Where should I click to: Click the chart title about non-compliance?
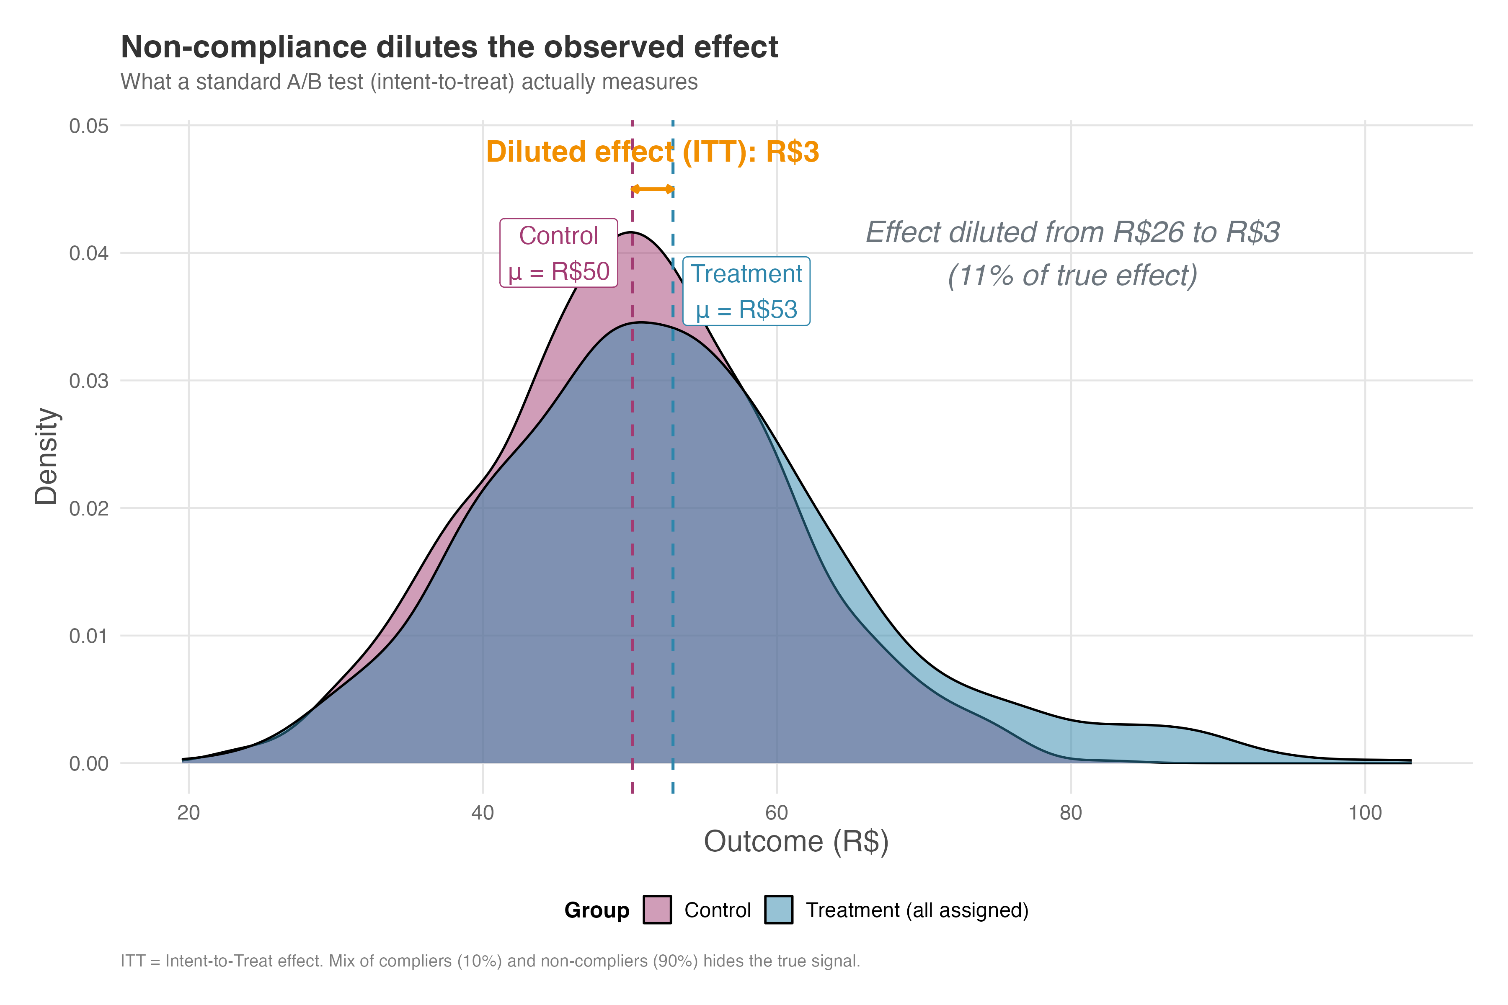449,47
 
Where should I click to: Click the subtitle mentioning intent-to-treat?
409,82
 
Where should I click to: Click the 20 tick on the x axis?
188,813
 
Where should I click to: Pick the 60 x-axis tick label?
777,813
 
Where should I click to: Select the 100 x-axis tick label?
1364,813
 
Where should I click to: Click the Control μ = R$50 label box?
558,253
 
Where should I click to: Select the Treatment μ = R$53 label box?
746,291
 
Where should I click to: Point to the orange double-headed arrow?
653,189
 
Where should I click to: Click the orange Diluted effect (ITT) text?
653,152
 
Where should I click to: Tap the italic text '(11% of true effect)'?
1072,276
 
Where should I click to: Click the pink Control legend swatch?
657,910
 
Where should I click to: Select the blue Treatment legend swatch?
778,910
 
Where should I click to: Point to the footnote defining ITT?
490,961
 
